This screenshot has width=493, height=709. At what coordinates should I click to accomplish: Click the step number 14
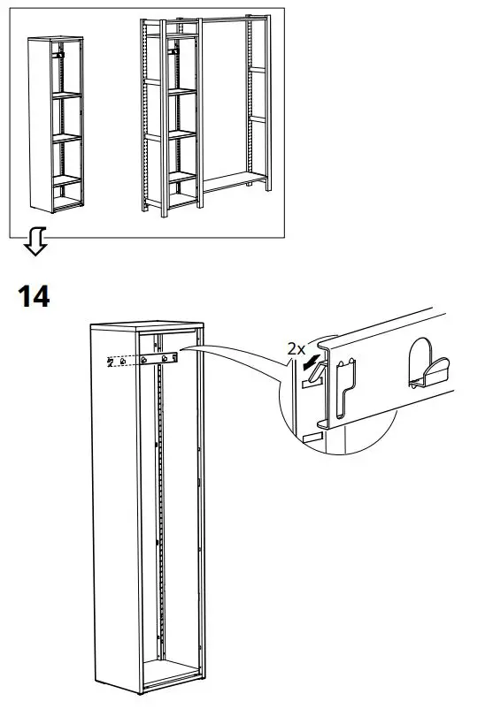[x=34, y=296]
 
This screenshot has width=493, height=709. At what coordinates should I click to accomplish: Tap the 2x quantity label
[x=297, y=348]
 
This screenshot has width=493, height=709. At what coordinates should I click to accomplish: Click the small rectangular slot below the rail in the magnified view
[x=312, y=438]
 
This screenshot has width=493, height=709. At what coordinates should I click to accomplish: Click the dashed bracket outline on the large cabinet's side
[x=119, y=361]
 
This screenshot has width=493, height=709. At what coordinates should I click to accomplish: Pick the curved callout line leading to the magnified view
[x=239, y=354]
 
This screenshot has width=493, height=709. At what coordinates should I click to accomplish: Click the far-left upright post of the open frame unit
[x=144, y=115]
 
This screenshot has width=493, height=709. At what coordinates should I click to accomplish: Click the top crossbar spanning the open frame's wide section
[x=226, y=19]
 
